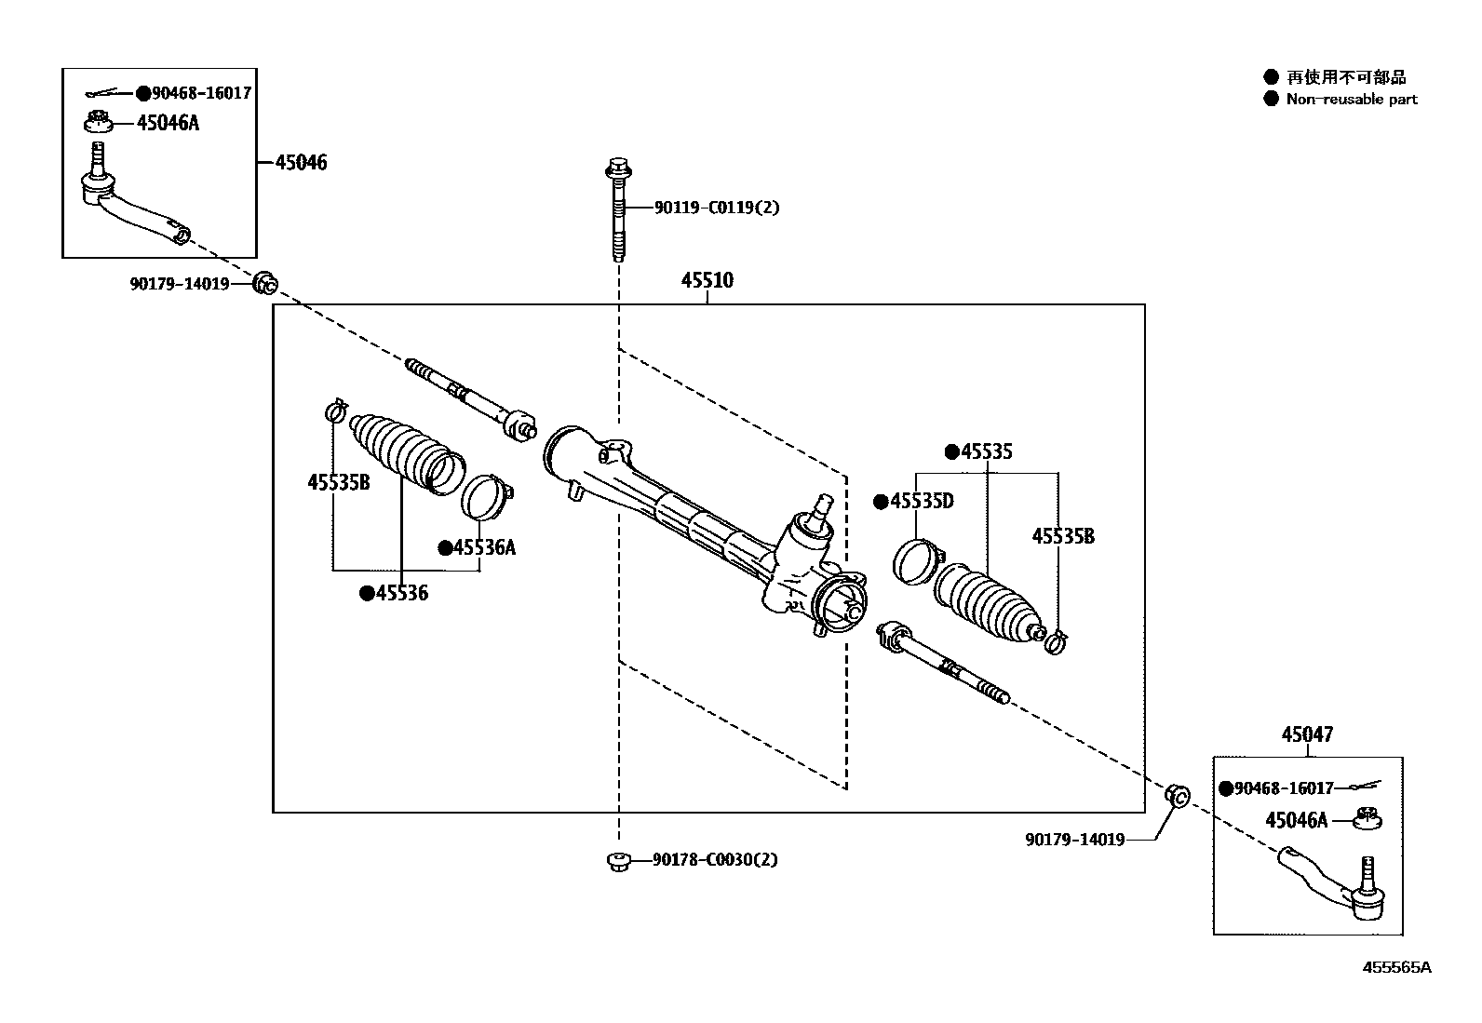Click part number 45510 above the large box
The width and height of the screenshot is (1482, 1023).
click(x=707, y=280)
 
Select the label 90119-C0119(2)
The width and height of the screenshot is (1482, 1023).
click(x=716, y=208)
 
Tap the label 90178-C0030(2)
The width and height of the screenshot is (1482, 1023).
click(x=714, y=860)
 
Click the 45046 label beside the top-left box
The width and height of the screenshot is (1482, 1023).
click(x=301, y=163)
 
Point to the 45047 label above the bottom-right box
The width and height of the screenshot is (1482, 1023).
click(x=1306, y=735)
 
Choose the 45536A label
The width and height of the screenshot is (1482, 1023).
click(x=483, y=547)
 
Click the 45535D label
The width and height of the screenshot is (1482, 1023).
click(x=921, y=502)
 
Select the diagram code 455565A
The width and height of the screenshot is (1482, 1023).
click(x=1396, y=967)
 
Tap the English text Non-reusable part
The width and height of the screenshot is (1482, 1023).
click(x=1351, y=99)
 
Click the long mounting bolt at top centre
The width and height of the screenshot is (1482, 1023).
click(x=617, y=209)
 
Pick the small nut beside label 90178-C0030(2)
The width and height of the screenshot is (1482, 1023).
click(x=616, y=861)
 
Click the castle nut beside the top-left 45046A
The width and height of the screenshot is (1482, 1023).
click(x=98, y=122)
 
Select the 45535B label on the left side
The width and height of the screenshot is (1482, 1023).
click(x=338, y=482)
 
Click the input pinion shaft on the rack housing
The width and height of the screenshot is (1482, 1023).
click(x=822, y=506)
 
